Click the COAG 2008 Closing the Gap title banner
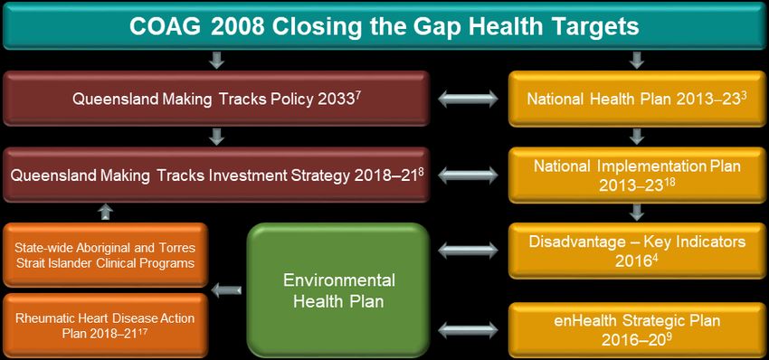[384, 25]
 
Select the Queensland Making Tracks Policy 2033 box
[216, 99]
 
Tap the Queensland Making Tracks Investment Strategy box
[216, 175]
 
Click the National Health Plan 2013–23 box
[637, 99]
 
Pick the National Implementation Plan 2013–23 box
[637, 175]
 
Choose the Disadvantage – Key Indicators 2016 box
[637, 251]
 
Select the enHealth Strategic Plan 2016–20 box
[637, 330]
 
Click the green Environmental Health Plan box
[338, 289]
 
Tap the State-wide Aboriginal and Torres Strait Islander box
[106, 255]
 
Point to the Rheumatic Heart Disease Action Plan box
[106, 326]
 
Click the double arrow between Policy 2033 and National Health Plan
[468, 99]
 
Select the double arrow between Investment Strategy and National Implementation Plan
[468, 175]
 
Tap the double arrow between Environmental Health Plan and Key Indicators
[468, 251]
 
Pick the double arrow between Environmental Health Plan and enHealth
[468, 330]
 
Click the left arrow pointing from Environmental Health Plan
[226, 291]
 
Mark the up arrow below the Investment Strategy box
[106, 212]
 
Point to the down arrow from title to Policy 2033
[216, 61]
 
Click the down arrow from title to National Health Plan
[637, 61]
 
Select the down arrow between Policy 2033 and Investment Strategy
[216, 137]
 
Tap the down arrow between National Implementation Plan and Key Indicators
[637, 213]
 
